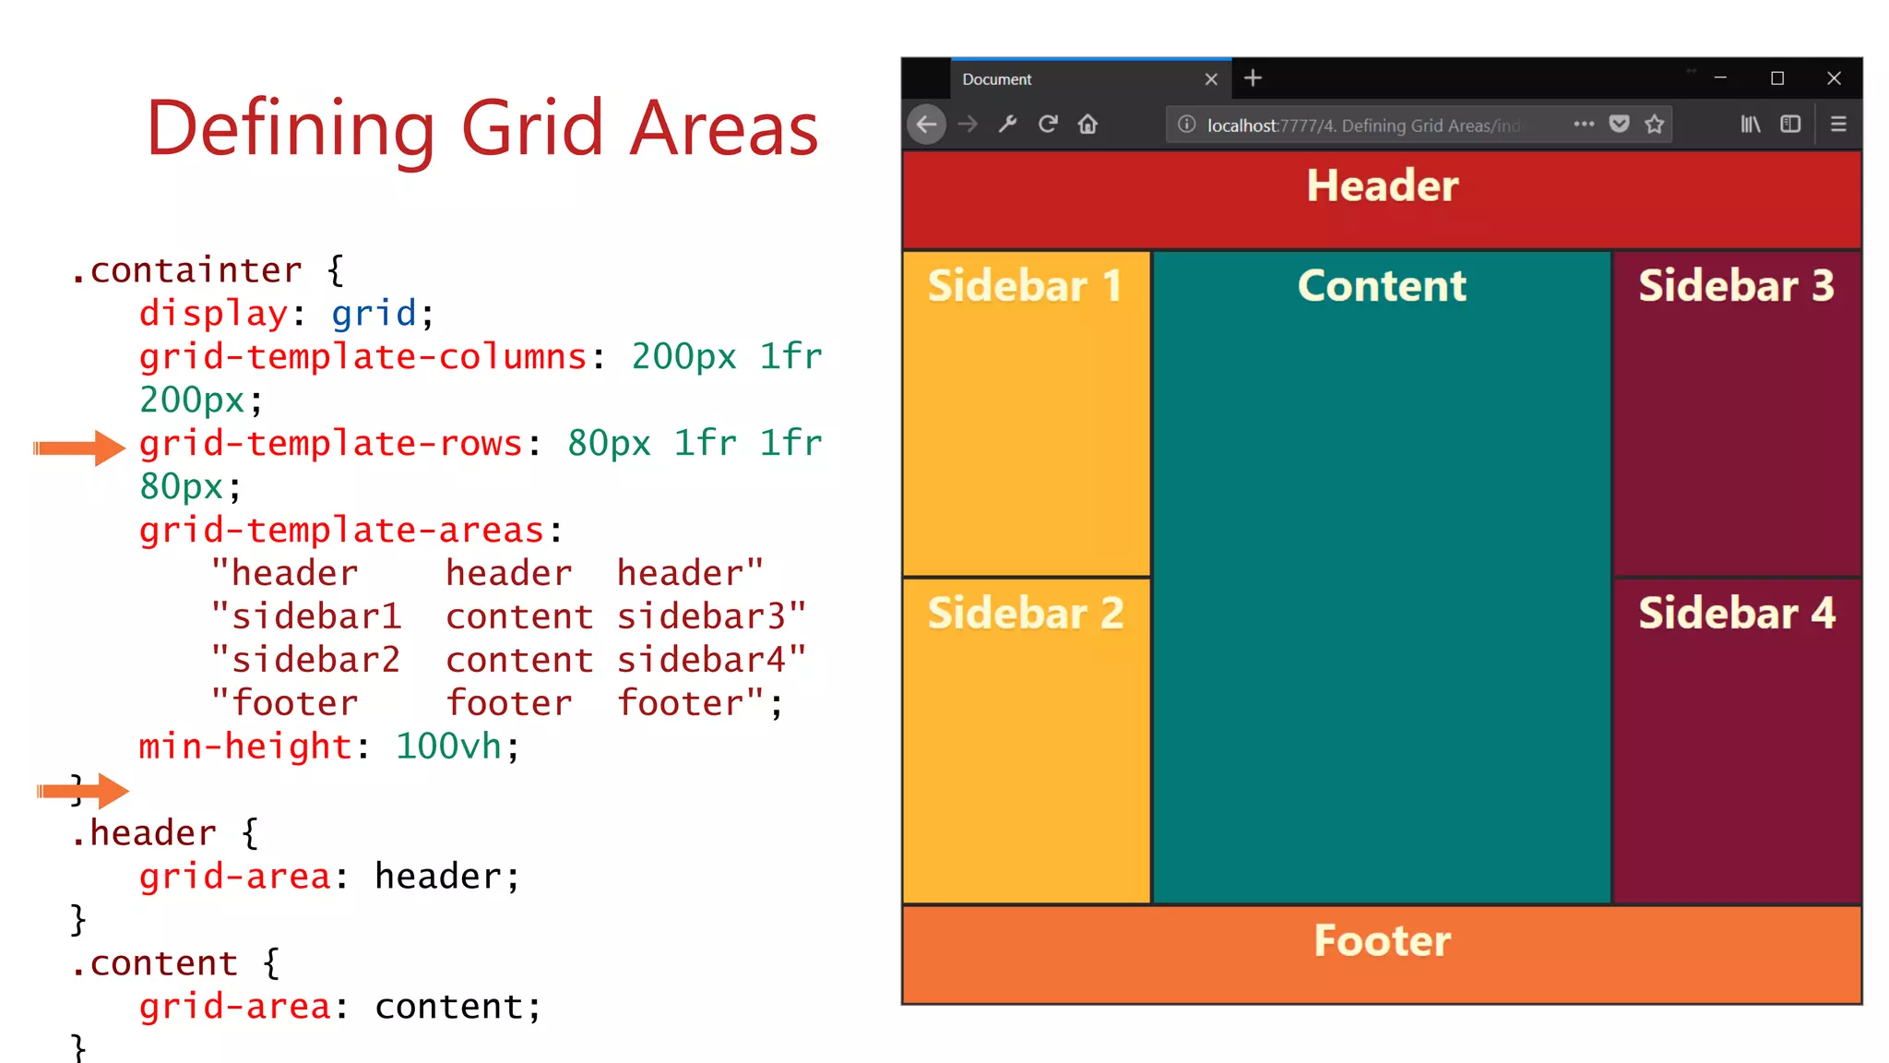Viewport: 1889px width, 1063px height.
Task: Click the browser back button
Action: click(x=927, y=125)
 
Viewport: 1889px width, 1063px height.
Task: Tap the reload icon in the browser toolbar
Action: click(x=1048, y=125)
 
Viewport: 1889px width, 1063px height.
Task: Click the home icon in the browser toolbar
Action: click(x=1088, y=125)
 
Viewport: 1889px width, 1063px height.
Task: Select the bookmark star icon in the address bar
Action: click(x=1655, y=125)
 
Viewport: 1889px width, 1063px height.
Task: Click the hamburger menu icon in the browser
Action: click(x=1838, y=125)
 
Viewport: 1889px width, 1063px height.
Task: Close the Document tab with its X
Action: click(x=1211, y=79)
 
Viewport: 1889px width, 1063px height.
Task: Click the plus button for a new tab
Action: click(x=1253, y=78)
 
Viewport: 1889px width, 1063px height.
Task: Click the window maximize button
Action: click(x=1777, y=78)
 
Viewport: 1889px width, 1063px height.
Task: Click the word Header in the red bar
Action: click(x=1382, y=185)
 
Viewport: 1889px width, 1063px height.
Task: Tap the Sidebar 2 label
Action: click(x=1026, y=614)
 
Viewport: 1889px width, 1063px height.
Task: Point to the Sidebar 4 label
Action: click(x=1736, y=614)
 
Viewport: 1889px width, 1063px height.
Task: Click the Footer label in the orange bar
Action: click(x=1382, y=941)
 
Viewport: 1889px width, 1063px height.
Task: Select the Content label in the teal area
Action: click(x=1382, y=286)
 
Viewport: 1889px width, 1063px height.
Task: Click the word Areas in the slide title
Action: click(x=724, y=128)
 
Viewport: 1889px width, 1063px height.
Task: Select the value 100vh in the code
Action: click(x=448, y=746)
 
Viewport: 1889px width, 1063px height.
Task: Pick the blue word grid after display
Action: click(x=374, y=314)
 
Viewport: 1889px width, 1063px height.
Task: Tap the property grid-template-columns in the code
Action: click(x=363, y=357)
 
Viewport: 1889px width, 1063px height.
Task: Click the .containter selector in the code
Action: click(x=187, y=270)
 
